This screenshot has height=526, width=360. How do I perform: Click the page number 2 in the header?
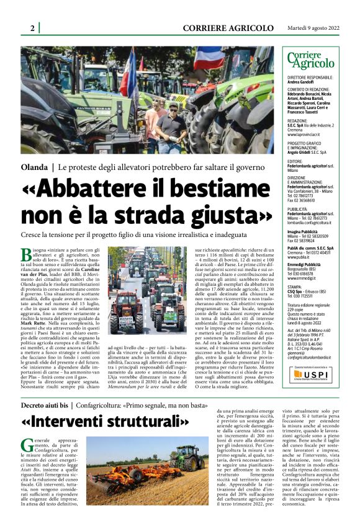[32, 29]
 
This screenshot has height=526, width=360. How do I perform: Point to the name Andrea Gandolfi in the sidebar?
[301, 82]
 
